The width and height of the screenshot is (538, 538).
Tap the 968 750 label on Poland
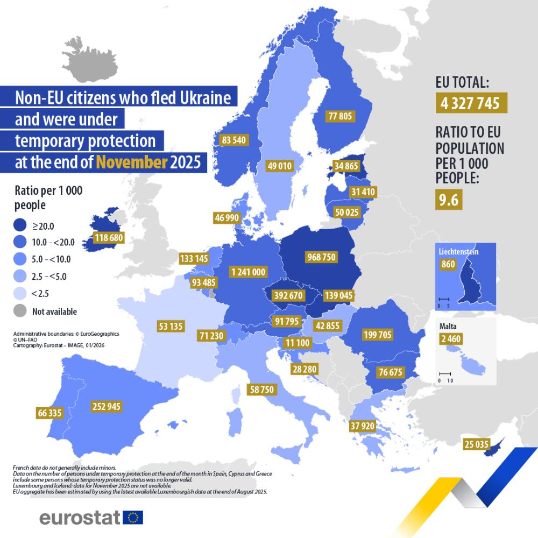point(321,257)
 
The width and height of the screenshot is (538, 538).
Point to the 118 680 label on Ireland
point(109,237)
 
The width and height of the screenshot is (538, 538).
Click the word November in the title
point(132,162)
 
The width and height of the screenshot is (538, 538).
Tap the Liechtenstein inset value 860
point(448,264)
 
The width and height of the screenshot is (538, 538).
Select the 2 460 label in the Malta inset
point(450,339)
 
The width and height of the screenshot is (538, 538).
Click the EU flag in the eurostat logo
point(133,518)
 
